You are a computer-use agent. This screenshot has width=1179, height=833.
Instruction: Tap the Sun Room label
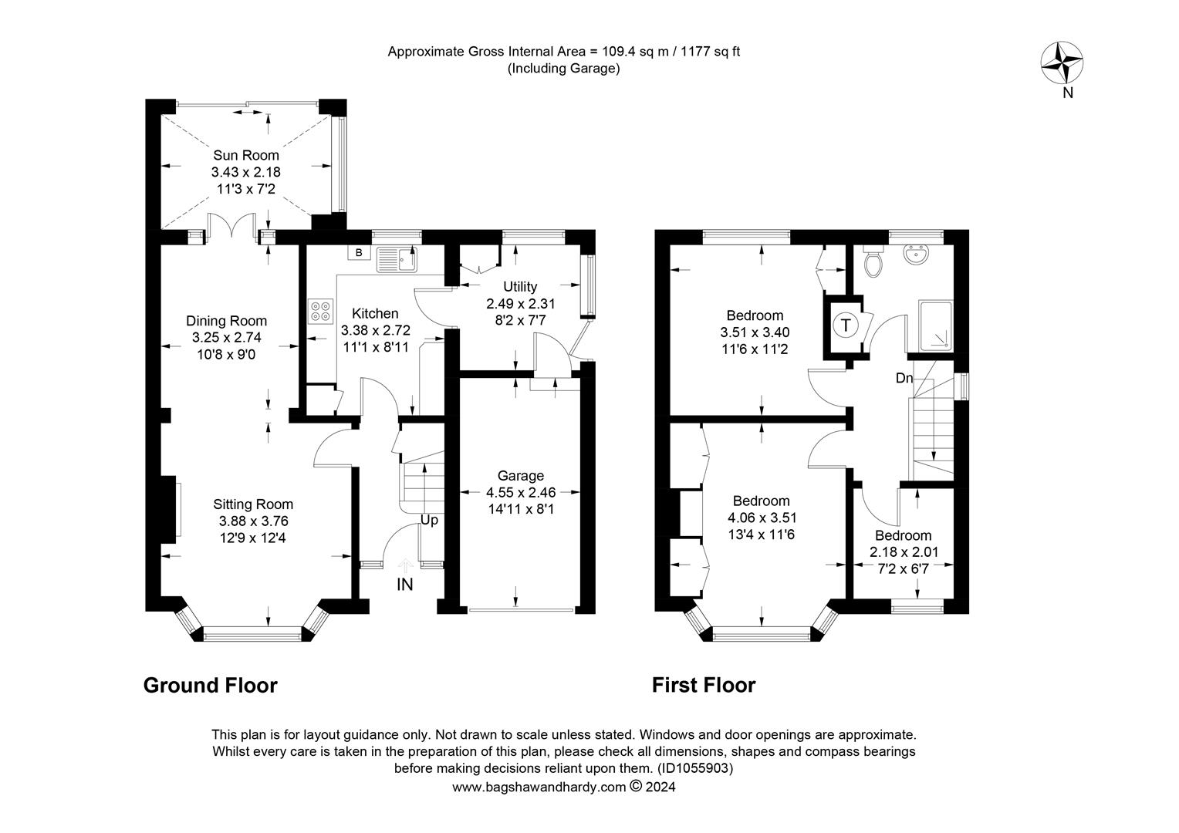pyautogui.click(x=246, y=155)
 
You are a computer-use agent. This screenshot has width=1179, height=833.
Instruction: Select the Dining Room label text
pyautogui.click(x=226, y=321)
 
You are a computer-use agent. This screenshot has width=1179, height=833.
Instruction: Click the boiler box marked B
pyautogui.click(x=359, y=252)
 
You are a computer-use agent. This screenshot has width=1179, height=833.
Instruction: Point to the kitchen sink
pyautogui.click(x=397, y=259)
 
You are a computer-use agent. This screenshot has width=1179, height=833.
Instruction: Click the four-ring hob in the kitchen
pyautogui.click(x=319, y=310)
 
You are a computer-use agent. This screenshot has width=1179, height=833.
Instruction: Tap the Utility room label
pyautogui.click(x=520, y=287)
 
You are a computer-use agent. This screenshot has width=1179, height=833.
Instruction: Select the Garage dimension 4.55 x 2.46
pyautogui.click(x=520, y=492)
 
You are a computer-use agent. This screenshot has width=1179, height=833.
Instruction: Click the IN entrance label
pyautogui.click(x=404, y=585)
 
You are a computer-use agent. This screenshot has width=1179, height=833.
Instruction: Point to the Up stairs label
pyautogui.click(x=429, y=520)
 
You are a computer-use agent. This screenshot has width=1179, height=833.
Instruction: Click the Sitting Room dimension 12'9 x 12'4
pyautogui.click(x=253, y=538)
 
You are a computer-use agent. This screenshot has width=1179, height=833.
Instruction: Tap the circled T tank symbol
pyautogui.click(x=846, y=325)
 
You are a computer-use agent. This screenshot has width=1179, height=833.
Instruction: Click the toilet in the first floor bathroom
pyautogui.click(x=873, y=262)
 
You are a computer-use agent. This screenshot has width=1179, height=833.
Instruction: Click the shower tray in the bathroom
pyautogui.click(x=935, y=326)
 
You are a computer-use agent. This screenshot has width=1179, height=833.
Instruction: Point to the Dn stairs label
pyautogui.click(x=904, y=378)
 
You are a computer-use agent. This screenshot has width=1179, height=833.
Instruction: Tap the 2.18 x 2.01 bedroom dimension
pyautogui.click(x=903, y=552)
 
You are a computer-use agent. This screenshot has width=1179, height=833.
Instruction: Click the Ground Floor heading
pyautogui.click(x=210, y=685)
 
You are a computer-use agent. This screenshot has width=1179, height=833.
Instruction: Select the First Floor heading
pyautogui.click(x=704, y=685)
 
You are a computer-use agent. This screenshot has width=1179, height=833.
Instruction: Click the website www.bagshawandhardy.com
pyautogui.click(x=539, y=787)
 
